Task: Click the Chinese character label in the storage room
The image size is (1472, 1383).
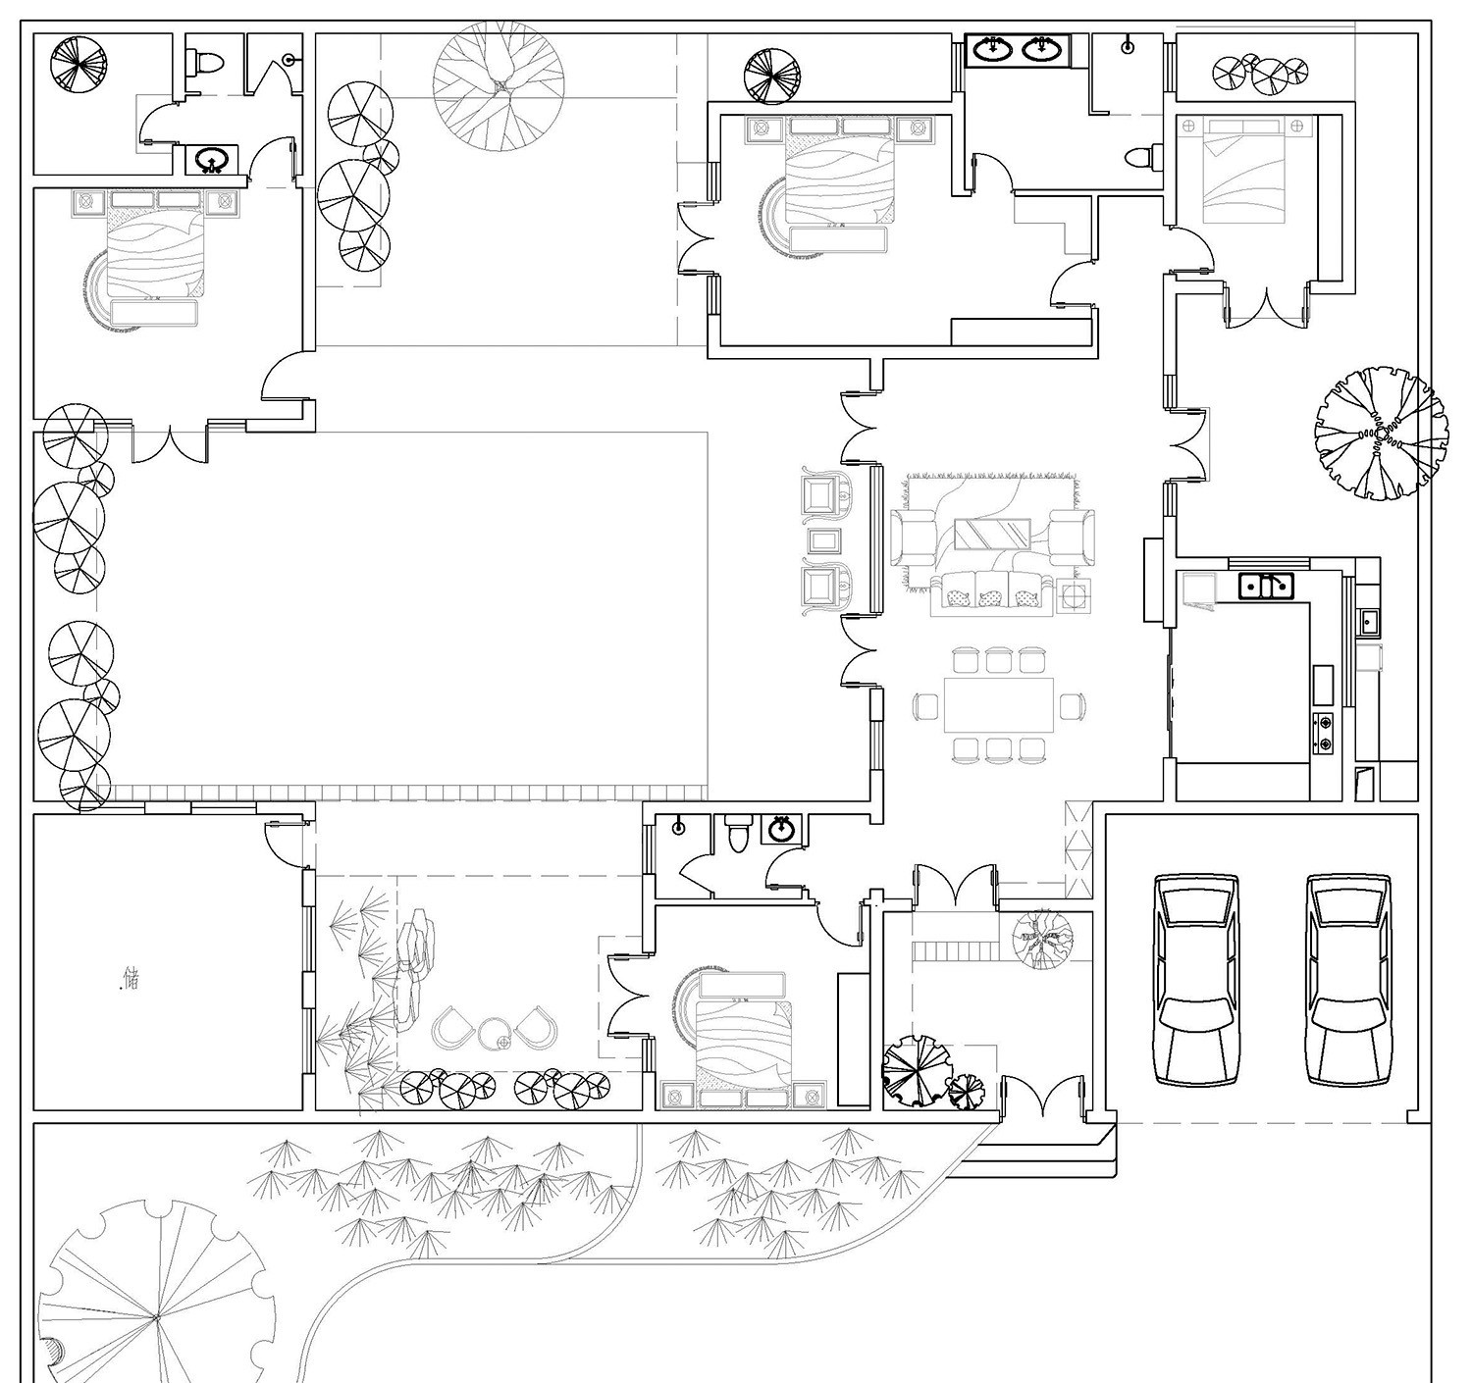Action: [x=131, y=979]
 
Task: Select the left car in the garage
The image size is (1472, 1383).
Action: [x=1196, y=980]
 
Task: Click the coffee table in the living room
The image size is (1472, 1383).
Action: [x=992, y=534]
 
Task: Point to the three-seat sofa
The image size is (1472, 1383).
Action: [x=992, y=593]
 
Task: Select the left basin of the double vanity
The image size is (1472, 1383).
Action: [x=992, y=50]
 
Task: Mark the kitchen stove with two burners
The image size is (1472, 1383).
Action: [x=1323, y=733]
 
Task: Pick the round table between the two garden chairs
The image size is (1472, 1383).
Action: [x=493, y=1033]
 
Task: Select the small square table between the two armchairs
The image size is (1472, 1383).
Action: [x=824, y=540]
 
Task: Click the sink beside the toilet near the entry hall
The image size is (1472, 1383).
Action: [x=781, y=828]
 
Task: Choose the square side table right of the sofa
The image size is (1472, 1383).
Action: [x=1074, y=595]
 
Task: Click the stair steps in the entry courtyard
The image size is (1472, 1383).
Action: [x=953, y=950]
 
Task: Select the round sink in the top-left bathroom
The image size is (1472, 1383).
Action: [x=213, y=159]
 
